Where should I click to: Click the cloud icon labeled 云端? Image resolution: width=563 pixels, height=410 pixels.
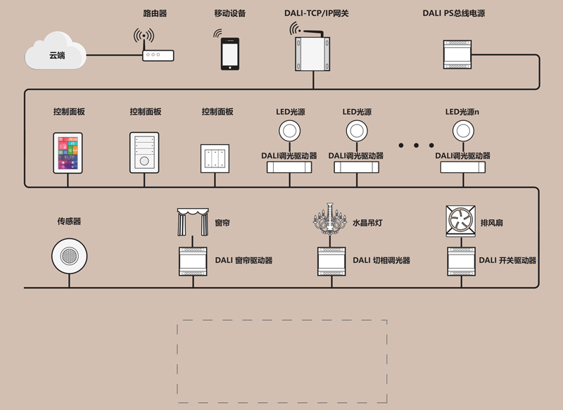[56, 54]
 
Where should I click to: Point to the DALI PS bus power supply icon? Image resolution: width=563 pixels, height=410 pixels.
[464, 53]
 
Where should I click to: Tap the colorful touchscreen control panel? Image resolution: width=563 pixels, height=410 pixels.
[68, 153]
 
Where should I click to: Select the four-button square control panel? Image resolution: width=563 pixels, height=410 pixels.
[215, 158]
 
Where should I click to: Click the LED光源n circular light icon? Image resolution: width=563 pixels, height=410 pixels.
[462, 131]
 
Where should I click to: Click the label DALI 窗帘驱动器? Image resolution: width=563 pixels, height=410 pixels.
[243, 260]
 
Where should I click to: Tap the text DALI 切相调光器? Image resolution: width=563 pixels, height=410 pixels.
[381, 260]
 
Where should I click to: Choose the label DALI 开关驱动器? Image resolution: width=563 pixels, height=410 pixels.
[507, 260]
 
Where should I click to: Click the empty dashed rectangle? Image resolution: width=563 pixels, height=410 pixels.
[281, 361]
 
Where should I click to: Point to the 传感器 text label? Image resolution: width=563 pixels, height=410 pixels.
[69, 221]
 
